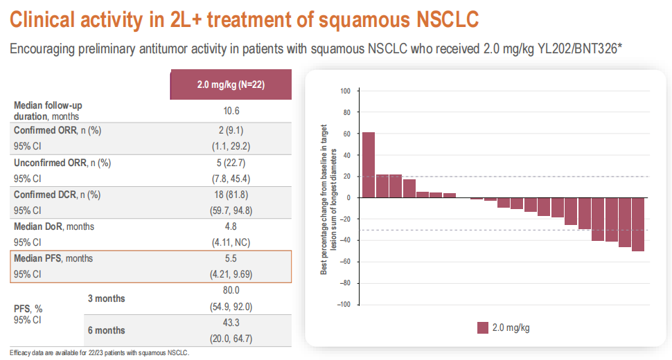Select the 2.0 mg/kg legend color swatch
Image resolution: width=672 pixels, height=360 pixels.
483,327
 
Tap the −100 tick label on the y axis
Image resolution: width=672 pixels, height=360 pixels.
344,304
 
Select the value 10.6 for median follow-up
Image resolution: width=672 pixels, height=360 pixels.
231,111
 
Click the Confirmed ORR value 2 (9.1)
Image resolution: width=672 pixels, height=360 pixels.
231,130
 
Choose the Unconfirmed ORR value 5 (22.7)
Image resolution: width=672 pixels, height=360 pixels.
231,163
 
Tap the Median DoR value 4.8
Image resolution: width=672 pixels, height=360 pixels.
231,226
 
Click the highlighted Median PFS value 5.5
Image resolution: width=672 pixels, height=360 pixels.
231,258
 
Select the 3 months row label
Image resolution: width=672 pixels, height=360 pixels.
106,298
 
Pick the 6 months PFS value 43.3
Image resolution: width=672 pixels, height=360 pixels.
231,324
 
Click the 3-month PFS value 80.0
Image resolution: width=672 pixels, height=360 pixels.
231,291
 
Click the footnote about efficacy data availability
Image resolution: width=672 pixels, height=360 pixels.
99,352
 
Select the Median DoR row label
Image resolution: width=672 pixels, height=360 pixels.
54,226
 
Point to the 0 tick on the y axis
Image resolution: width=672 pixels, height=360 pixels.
348,197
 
